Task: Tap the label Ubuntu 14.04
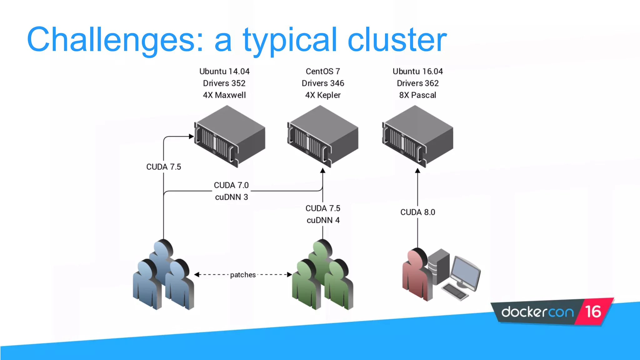(224, 72)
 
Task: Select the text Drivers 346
(323, 83)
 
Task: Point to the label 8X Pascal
(417, 95)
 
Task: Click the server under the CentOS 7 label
(322, 136)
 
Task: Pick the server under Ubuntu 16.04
(417, 136)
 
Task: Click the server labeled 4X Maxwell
(230, 136)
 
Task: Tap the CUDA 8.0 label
(417, 212)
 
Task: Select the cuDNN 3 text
(231, 197)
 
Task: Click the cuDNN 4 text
(323, 220)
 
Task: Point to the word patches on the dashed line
(243, 275)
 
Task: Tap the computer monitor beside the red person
(466, 272)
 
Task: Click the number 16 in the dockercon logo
(593, 312)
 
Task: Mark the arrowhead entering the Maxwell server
(191, 137)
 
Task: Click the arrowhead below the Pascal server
(417, 171)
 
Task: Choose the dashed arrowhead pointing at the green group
(289, 275)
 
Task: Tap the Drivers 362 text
(417, 83)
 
